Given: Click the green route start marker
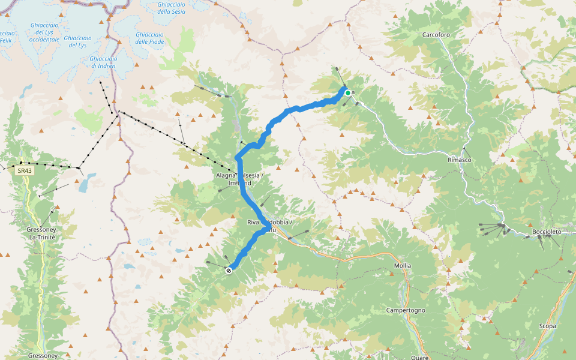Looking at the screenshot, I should point(347,92).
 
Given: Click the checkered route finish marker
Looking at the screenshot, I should point(229,271).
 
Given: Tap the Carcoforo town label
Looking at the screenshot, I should point(436,35).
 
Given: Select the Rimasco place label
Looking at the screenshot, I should point(459,160).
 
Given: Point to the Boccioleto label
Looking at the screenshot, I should point(546,232).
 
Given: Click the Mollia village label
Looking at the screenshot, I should point(403,265).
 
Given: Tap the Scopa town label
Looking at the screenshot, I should point(547,326).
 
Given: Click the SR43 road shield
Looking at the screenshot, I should point(25,171).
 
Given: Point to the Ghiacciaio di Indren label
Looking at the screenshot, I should point(103,62).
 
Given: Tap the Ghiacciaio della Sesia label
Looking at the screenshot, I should point(172,8).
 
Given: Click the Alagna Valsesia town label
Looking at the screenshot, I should point(239,178).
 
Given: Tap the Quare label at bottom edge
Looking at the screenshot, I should point(419,357).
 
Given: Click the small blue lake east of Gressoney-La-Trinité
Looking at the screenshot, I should point(88,179).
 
